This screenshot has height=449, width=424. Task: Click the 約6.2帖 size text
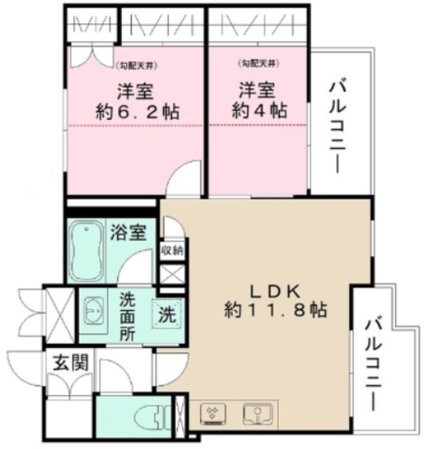137,112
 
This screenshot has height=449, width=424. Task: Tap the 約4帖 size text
260,111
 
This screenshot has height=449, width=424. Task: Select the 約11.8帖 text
275,309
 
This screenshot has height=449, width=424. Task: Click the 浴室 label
128,233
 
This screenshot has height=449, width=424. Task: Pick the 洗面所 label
127,315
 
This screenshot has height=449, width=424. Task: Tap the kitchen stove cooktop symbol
214,415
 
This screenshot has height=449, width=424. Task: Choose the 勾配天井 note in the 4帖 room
260,65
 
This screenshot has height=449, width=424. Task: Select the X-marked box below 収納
173,274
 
